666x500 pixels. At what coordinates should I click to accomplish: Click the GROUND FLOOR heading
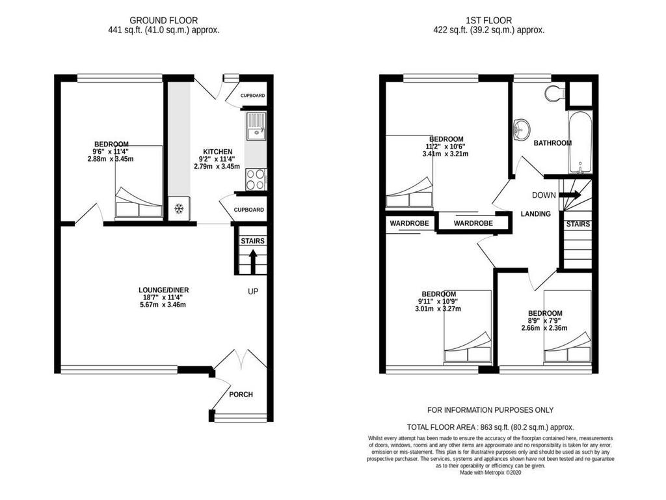[163, 21]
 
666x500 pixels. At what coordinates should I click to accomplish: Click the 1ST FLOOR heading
[488, 21]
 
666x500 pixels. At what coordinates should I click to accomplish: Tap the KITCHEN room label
[217, 151]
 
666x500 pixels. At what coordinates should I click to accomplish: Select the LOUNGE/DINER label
[163, 290]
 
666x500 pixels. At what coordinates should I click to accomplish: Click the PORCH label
[241, 395]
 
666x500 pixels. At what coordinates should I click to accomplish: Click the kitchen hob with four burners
[255, 179]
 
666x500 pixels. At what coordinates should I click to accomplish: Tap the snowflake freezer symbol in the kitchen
[178, 209]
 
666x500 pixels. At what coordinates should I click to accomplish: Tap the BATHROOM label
[552, 143]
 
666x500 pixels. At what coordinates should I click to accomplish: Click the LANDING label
[535, 214]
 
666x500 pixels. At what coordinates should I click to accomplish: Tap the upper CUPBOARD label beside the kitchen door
[252, 96]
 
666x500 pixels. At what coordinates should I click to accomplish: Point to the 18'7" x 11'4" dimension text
[163, 298]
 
